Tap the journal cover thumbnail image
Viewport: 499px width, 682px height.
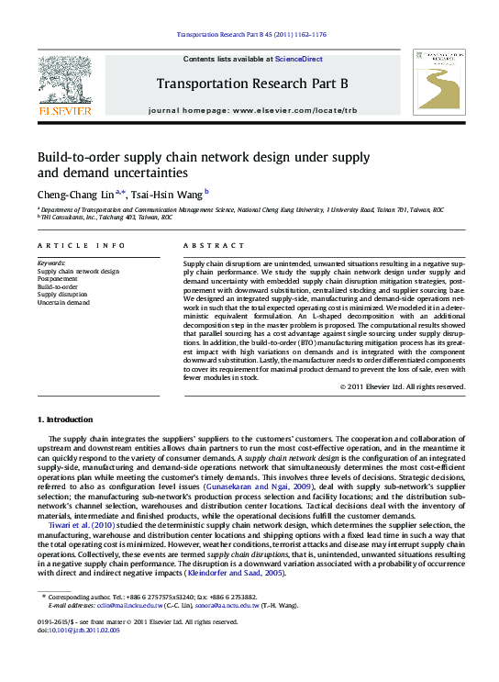click(438, 82)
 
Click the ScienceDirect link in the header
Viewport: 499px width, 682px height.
click(300, 59)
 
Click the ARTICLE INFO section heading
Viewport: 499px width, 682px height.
click(82, 246)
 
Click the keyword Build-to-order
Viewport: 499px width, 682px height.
click(58, 286)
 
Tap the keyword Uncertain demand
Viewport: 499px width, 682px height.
click(63, 302)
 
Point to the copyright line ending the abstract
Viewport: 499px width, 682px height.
click(403, 386)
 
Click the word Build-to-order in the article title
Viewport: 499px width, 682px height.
click(81, 156)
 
